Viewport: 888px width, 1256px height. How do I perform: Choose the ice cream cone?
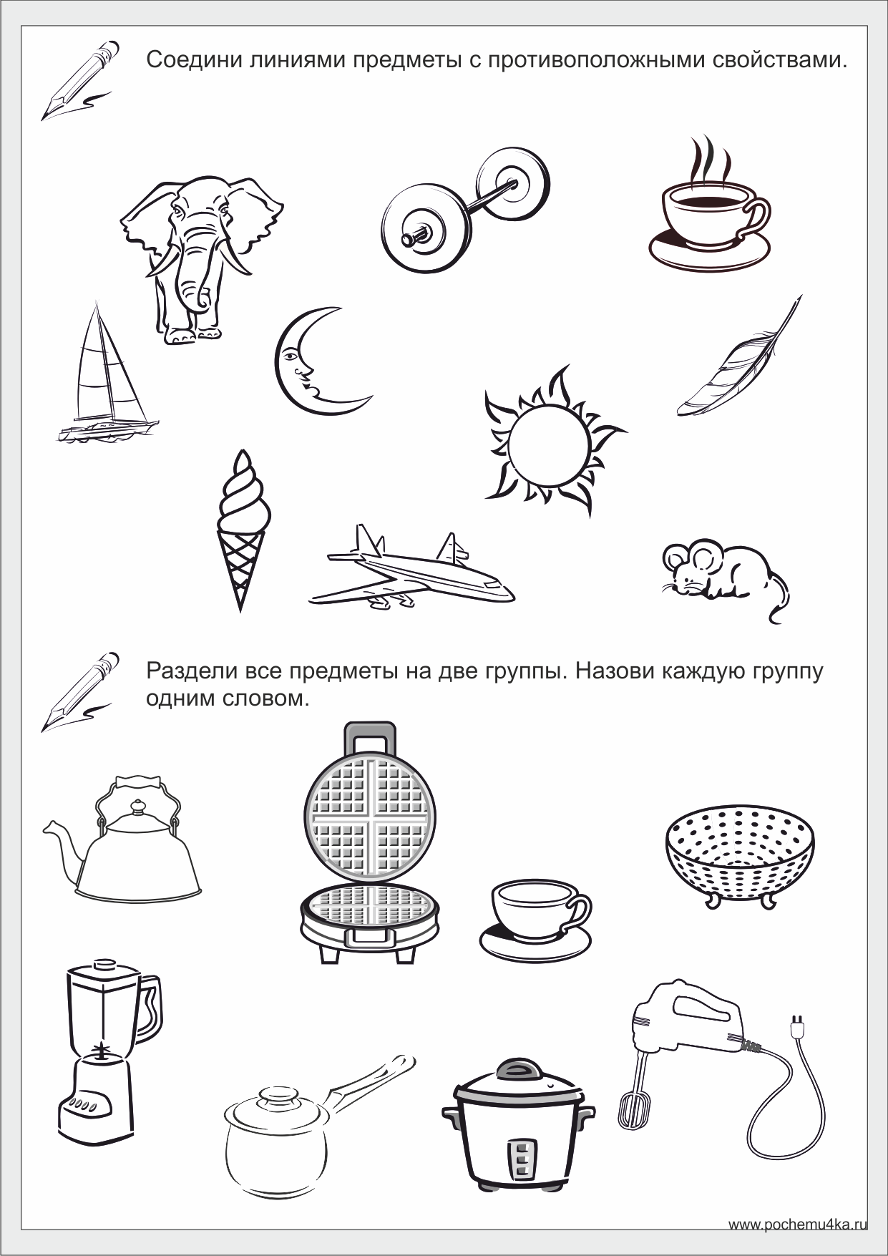click(x=244, y=530)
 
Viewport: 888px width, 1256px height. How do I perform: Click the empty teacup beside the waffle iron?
click(x=536, y=920)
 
